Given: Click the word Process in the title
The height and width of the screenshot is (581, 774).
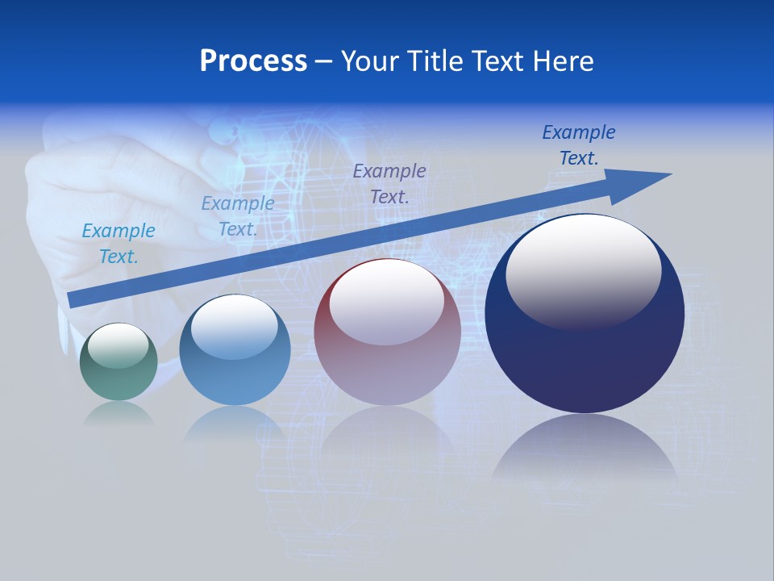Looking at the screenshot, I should click(253, 61).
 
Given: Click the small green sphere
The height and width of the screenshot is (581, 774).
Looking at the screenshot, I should click(119, 362).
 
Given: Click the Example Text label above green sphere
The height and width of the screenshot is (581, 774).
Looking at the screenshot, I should click(119, 243).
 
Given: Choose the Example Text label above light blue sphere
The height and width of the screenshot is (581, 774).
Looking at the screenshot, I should click(238, 216).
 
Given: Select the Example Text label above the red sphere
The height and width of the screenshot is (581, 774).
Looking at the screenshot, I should click(389, 183).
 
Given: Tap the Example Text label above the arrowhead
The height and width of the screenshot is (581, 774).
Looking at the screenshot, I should click(579, 145).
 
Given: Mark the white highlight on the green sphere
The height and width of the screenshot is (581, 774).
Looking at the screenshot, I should click(118, 345).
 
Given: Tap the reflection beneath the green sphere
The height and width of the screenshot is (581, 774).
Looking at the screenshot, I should click(119, 413).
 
